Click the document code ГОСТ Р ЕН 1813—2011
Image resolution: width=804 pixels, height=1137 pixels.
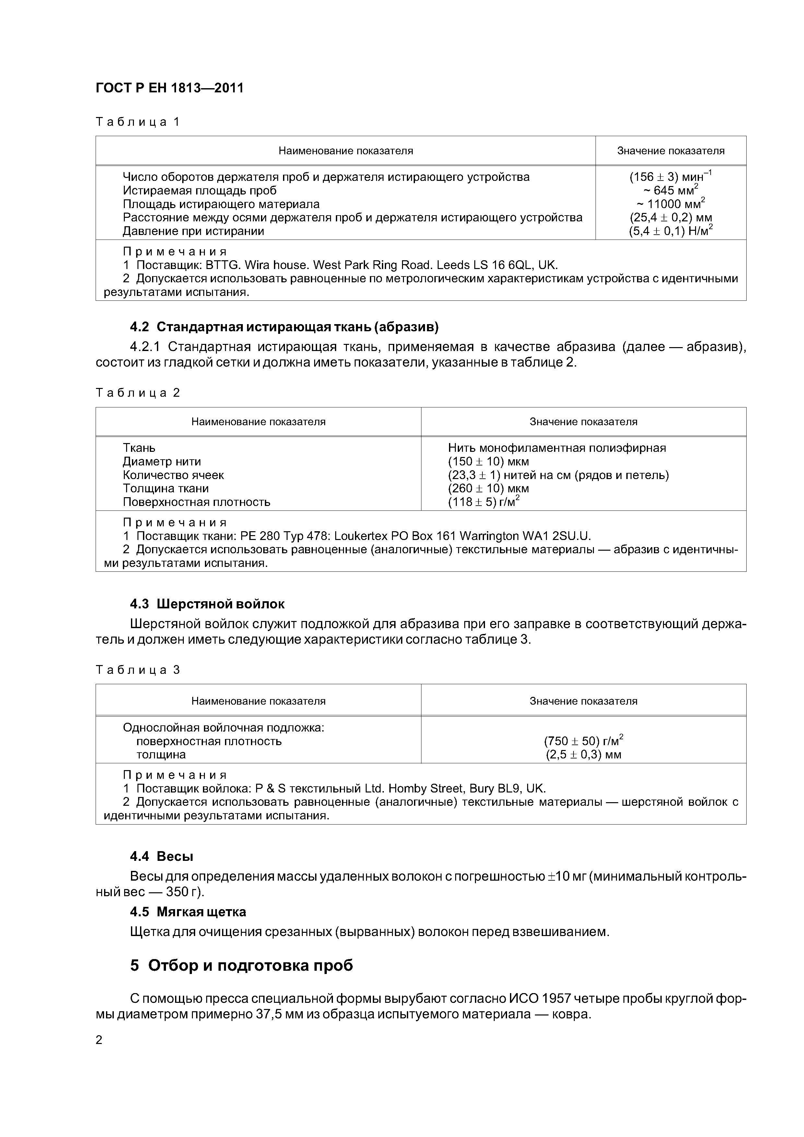click(170, 88)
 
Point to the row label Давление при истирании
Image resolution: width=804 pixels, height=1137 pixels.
click(193, 231)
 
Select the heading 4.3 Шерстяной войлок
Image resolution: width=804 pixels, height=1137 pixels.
click(207, 604)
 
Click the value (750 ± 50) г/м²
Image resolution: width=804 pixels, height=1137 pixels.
click(583, 741)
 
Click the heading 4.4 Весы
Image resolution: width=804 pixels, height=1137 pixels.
click(161, 856)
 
